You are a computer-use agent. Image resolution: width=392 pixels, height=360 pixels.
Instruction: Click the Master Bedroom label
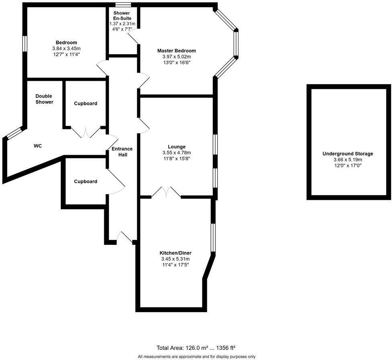(176, 51)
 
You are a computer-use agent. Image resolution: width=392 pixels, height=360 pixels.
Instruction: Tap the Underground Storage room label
(348, 153)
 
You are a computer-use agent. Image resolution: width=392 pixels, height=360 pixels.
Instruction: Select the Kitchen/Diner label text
(176, 253)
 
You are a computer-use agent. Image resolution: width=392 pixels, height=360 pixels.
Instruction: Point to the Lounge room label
(176, 147)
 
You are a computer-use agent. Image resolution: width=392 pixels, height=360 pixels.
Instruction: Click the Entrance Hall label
(122, 151)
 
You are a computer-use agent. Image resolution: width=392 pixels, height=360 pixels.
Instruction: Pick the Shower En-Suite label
(121, 16)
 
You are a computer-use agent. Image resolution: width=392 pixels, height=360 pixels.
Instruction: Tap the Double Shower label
(44, 99)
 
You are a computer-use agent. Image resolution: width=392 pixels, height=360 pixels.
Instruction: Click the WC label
(38, 146)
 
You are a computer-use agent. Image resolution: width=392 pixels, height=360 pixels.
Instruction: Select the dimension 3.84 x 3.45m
(66, 48)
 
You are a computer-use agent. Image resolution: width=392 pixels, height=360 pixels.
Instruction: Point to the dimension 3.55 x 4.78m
(176, 153)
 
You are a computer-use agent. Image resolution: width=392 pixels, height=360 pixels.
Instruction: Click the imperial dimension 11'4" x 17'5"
(176, 265)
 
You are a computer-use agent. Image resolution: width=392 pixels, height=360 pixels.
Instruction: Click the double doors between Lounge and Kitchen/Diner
(166, 192)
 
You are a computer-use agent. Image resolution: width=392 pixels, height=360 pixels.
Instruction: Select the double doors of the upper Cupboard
(86, 133)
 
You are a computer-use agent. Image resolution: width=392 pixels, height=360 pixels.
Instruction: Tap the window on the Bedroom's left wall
(25, 44)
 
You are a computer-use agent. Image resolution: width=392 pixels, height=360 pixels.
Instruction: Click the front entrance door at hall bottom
(125, 237)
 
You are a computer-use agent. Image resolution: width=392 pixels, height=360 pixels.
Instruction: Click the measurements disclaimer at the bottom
(196, 356)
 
